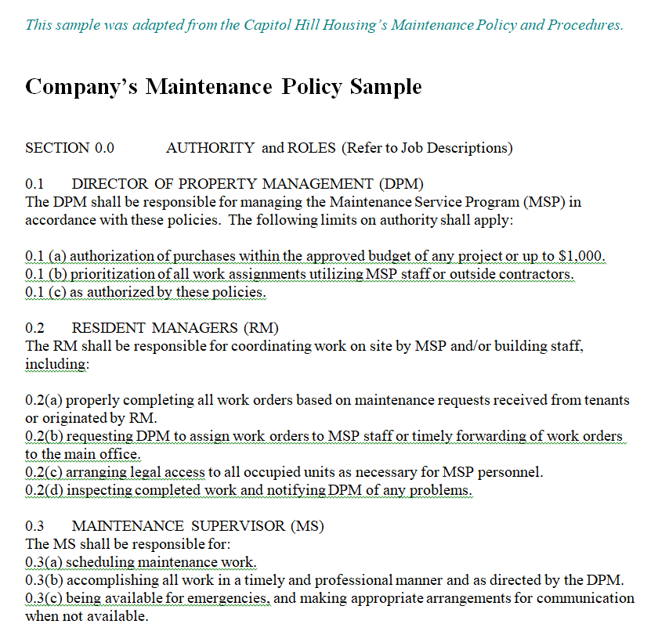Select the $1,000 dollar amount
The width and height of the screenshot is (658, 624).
click(582, 256)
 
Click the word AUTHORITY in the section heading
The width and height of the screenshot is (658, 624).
click(210, 148)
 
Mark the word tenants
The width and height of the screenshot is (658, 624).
click(606, 400)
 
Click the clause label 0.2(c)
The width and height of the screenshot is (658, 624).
click(44, 472)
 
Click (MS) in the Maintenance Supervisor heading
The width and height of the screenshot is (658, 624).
click(307, 526)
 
